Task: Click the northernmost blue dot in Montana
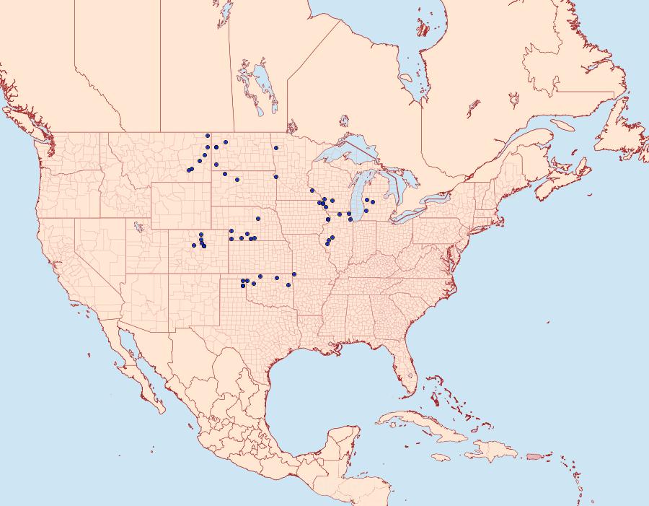[x=208, y=136]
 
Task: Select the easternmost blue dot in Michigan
[x=372, y=202]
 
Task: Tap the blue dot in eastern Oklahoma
[x=294, y=274]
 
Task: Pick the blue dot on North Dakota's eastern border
[x=276, y=147]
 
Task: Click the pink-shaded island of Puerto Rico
[x=533, y=456]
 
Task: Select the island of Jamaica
[x=443, y=457]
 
